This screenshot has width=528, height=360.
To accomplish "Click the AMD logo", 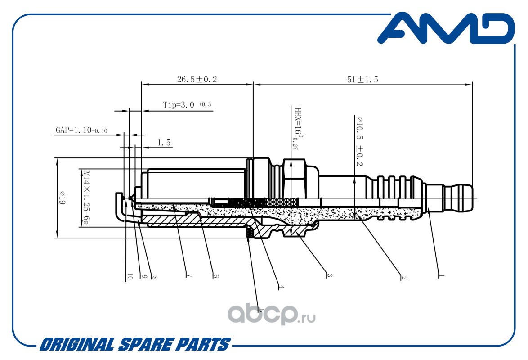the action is [x=446, y=28].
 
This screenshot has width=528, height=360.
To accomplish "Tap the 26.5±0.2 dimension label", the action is [x=197, y=79].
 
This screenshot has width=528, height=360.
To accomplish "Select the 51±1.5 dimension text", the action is [x=362, y=80].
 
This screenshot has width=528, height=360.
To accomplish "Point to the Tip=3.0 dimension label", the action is [x=187, y=104].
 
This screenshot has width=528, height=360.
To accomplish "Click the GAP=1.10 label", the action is [x=81, y=130].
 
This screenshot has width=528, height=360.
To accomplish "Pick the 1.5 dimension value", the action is [x=164, y=143].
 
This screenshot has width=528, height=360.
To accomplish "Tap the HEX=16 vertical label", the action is [x=297, y=128].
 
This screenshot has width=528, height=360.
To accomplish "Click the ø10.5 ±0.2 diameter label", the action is [x=360, y=141].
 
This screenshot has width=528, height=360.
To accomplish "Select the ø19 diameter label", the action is [x=63, y=198].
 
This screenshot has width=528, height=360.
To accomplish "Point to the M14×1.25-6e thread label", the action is [x=86, y=198].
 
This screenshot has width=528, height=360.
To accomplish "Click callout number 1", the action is [x=442, y=276].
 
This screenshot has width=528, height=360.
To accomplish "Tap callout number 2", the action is [x=404, y=277].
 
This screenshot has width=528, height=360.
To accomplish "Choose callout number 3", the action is [x=329, y=275].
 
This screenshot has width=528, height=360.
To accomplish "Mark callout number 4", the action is [x=281, y=287].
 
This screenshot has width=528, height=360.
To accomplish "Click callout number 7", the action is [x=190, y=276].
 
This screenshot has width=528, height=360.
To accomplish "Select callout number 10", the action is [x=130, y=276].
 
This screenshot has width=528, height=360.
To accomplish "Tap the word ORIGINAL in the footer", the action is [x=77, y=345].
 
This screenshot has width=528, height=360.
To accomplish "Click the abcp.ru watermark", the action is [x=271, y=314].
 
